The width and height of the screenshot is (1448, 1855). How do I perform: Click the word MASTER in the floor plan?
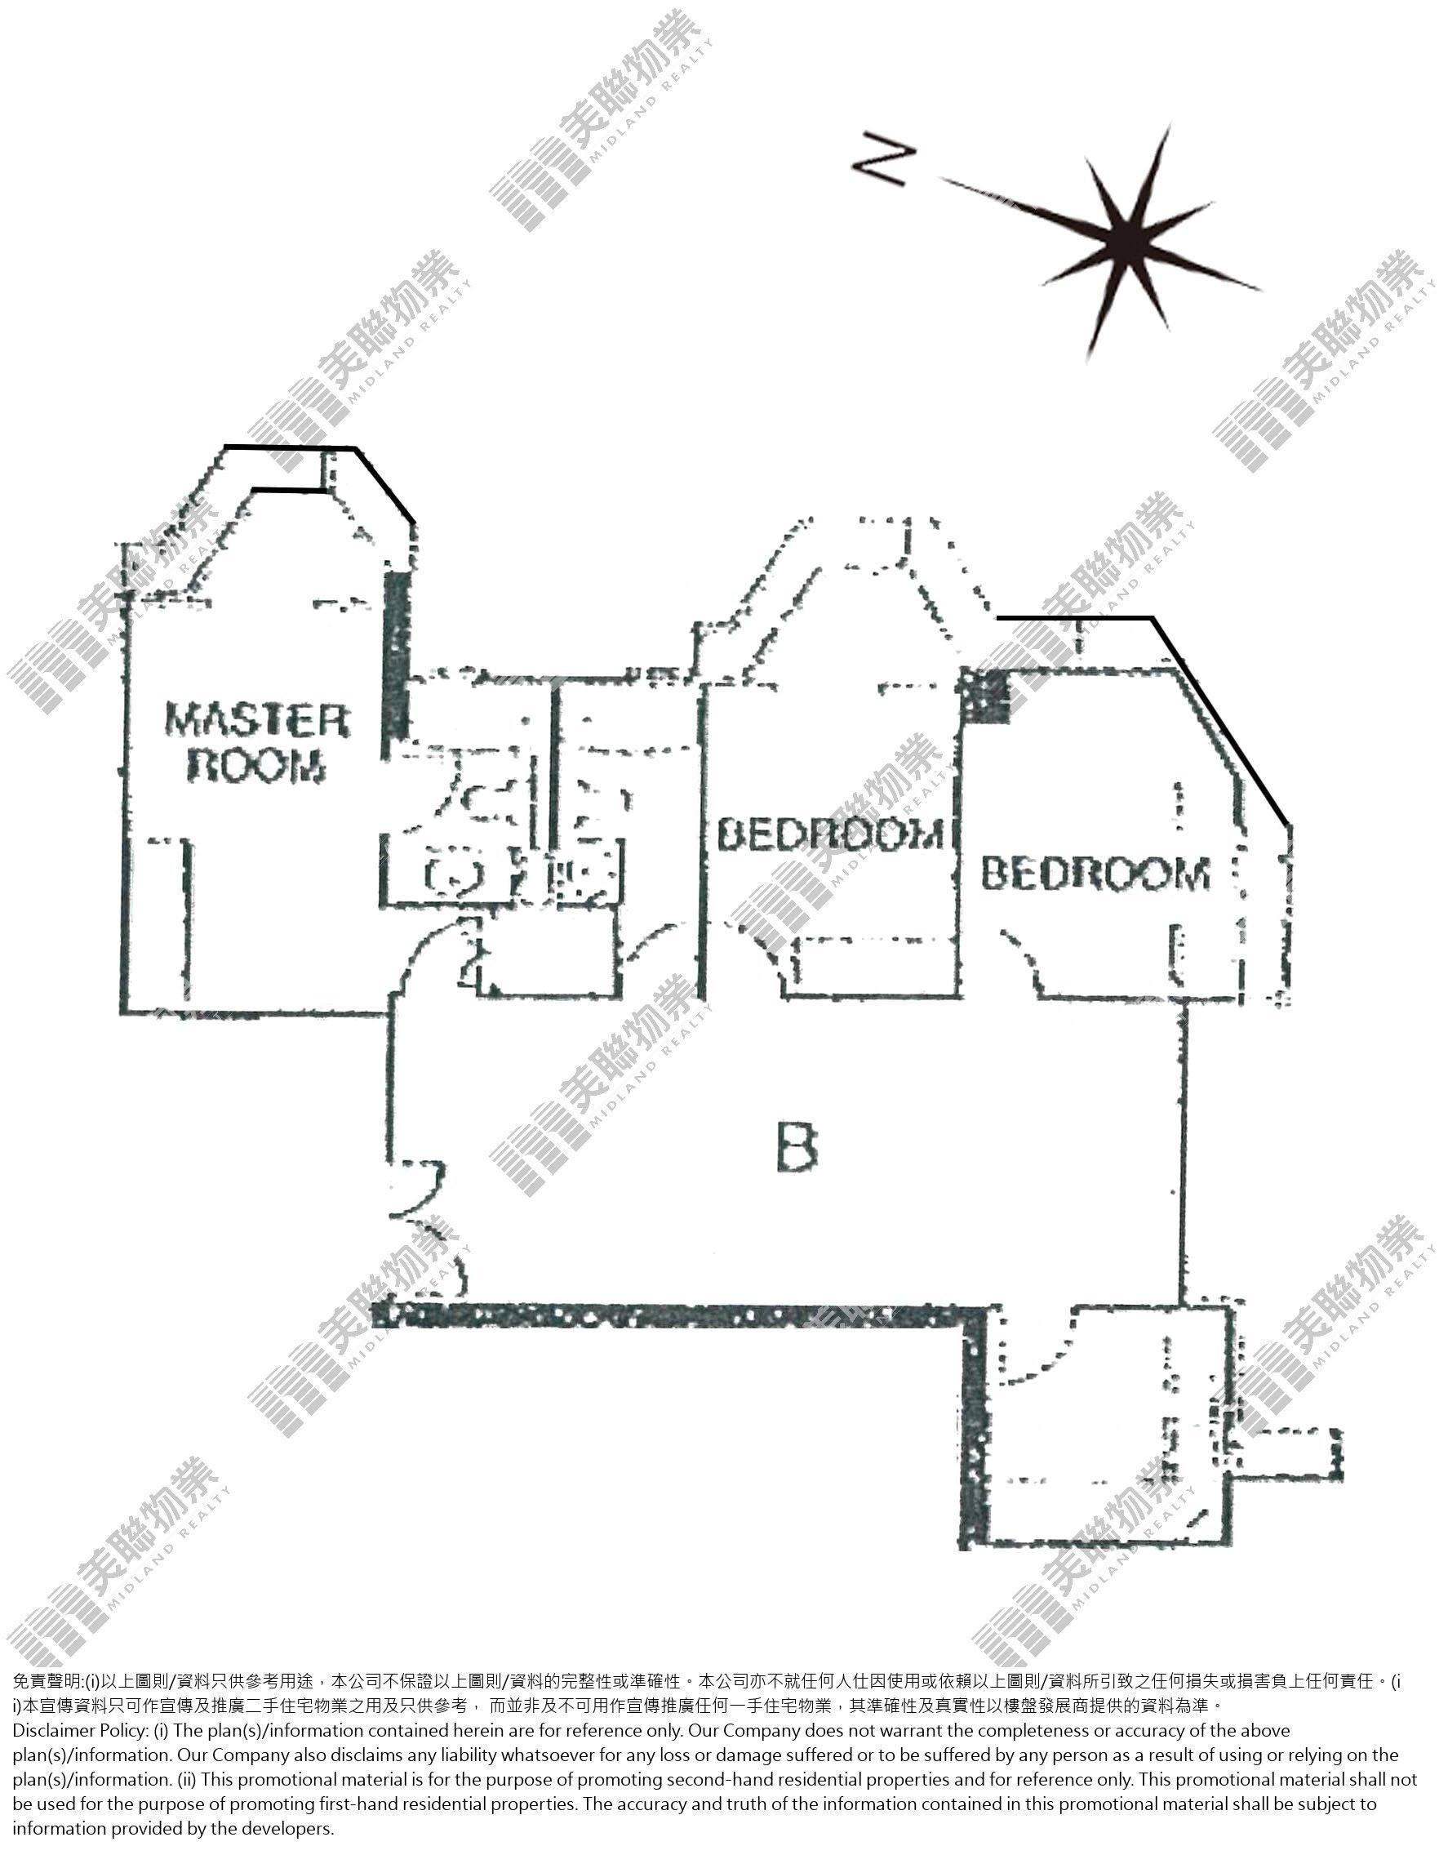tap(256, 721)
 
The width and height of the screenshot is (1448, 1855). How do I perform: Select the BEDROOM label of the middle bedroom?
tap(830, 835)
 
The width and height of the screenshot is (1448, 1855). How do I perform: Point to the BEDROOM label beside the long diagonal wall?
tap(1095, 874)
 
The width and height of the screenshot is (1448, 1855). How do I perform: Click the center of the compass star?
tap(1128, 242)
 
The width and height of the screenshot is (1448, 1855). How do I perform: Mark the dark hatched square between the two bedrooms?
tap(985, 696)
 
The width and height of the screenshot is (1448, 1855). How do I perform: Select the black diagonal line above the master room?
tap(385, 485)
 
